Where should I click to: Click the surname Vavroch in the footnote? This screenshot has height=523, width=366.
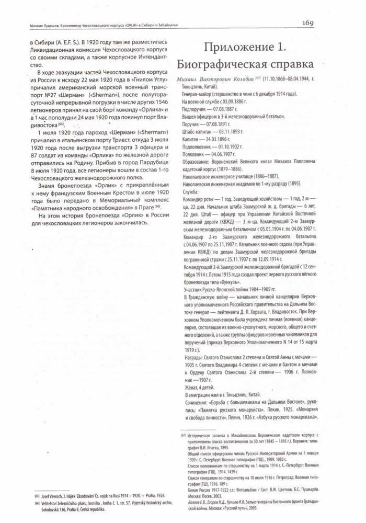click(x=59, y=496)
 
